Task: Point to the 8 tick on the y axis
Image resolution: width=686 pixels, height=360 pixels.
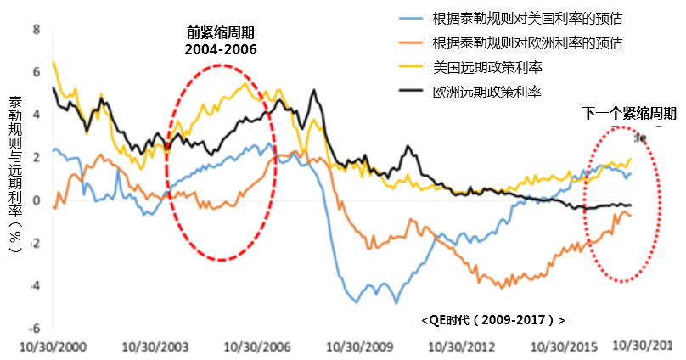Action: (x=36, y=29)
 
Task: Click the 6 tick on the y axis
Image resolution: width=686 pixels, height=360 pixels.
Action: (x=36, y=71)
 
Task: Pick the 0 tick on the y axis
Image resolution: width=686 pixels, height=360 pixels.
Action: (x=36, y=200)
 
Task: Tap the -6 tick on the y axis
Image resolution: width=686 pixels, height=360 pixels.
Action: (x=34, y=329)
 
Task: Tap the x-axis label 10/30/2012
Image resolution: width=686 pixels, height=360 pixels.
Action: (x=464, y=348)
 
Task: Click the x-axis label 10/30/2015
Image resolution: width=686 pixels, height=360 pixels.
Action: (x=566, y=348)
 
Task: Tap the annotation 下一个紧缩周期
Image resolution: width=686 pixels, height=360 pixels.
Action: (x=629, y=113)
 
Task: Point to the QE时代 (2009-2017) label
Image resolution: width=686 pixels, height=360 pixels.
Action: (x=492, y=320)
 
